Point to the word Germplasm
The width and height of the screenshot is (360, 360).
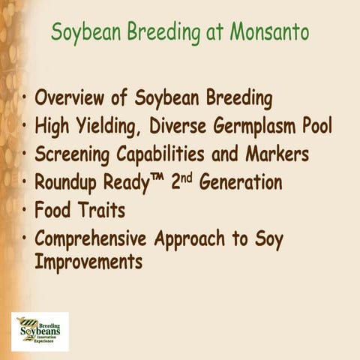click(x=256, y=127)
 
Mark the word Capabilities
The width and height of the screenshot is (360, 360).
click(x=162, y=154)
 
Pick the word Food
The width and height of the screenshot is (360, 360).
click(x=53, y=211)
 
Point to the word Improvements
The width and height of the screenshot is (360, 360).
click(x=88, y=263)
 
